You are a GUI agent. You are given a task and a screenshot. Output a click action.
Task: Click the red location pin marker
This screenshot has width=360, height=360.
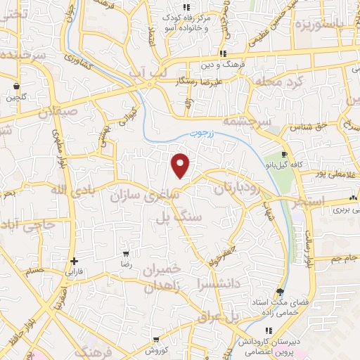[x=181, y=165]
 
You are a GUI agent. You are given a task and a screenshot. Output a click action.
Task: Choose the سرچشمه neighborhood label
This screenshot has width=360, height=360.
[x=247, y=121]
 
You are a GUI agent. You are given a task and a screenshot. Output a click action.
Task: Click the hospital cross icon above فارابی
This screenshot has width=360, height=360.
[x=74, y=261]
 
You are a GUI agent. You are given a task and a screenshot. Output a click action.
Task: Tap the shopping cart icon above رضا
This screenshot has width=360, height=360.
[x=125, y=254]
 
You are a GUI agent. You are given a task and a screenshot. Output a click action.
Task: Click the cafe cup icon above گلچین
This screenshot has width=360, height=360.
[x=15, y=87]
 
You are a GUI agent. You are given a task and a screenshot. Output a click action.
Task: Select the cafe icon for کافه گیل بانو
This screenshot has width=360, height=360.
[x=283, y=155]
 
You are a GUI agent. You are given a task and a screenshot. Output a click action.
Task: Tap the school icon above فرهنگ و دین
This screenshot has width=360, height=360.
[x=222, y=53]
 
